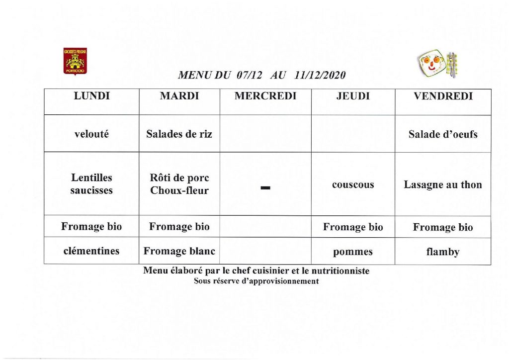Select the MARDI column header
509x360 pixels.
[179, 96]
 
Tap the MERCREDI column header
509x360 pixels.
[265, 96]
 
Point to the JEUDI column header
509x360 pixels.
[353, 96]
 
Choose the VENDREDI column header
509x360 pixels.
[443, 96]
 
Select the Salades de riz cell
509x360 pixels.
[179, 134]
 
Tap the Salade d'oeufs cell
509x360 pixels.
[443, 134]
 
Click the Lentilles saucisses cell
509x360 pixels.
[91, 184]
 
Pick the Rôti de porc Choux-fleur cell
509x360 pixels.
[179, 184]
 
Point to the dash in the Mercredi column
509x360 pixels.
[265, 188]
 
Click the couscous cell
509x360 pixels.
[353, 184]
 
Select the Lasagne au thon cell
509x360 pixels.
[443, 185]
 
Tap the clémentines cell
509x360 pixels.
[91, 251]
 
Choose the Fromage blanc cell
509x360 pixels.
[179, 251]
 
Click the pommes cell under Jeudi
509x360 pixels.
[353, 252]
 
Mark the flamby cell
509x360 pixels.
[443, 252]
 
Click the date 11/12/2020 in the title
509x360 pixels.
[320, 76]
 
